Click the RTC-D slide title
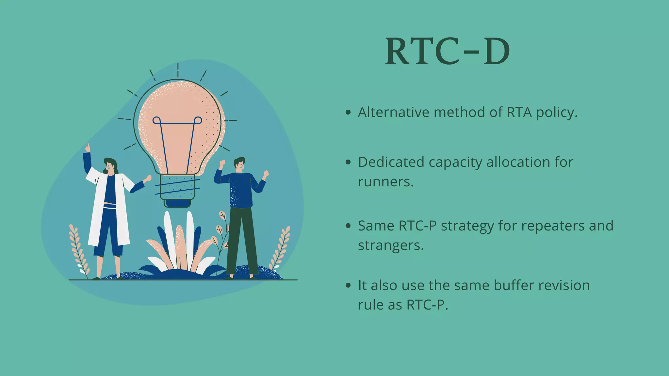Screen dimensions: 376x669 [447, 52]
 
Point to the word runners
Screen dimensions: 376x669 [385, 182]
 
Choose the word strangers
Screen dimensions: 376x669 [390, 246]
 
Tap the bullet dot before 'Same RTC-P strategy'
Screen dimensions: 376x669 [348, 226]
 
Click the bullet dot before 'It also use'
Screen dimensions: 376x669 [348, 286]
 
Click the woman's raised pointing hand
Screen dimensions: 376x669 [87, 148]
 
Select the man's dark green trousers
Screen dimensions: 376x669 [242, 242]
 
